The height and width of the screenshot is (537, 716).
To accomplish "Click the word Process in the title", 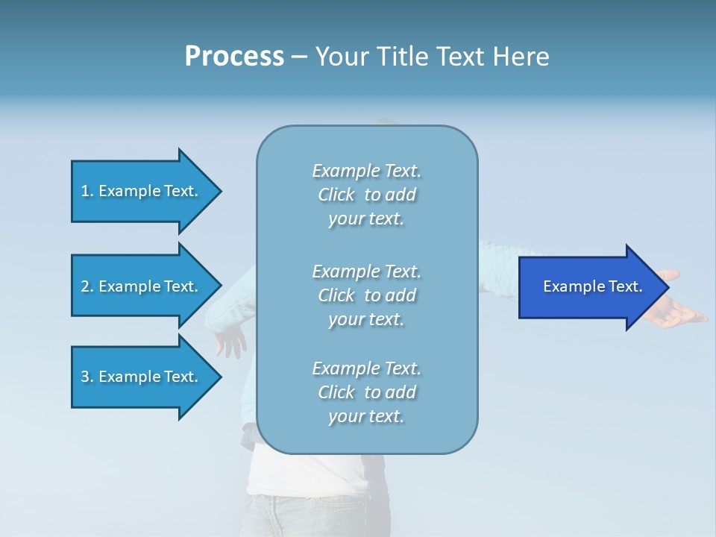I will (x=234, y=57).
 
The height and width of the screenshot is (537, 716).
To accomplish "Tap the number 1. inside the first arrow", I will (x=87, y=191).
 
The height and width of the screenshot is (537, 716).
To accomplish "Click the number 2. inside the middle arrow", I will (x=87, y=286).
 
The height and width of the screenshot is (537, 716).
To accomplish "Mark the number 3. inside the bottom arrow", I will (x=87, y=377).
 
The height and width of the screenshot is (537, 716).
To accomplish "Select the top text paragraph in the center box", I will (x=366, y=195).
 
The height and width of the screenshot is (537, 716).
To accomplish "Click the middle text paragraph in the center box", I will (x=366, y=295).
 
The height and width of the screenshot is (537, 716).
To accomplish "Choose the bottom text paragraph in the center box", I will (x=366, y=392).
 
